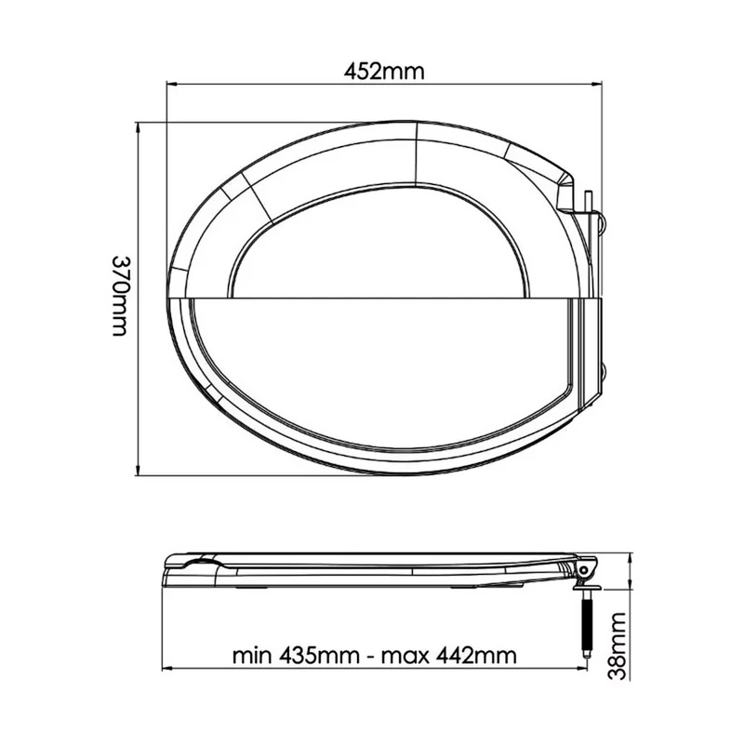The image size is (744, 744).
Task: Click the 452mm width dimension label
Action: coord(383,72)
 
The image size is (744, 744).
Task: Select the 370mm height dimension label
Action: coord(120,296)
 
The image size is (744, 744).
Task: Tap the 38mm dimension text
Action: coord(618,646)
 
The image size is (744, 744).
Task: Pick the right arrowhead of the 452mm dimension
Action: coord(596,85)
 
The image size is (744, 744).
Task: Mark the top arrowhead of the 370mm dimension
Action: coord(138,127)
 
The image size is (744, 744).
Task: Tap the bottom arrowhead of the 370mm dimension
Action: coord(138,470)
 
